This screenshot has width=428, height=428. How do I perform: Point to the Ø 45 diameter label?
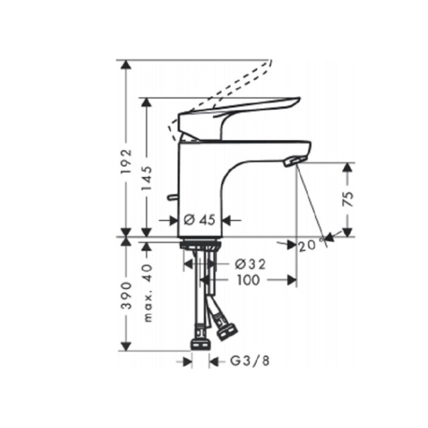[x=199, y=220]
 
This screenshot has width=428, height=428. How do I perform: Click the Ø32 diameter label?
[x=249, y=263]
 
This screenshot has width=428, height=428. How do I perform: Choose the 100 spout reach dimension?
[x=247, y=279]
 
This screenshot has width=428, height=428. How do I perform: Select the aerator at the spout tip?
[x=293, y=160]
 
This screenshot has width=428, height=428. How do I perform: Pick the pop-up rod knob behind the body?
[x=172, y=197]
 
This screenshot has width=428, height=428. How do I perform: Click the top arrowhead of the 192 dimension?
[x=126, y=64]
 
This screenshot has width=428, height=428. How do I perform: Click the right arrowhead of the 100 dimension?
[x=292, y=279]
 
